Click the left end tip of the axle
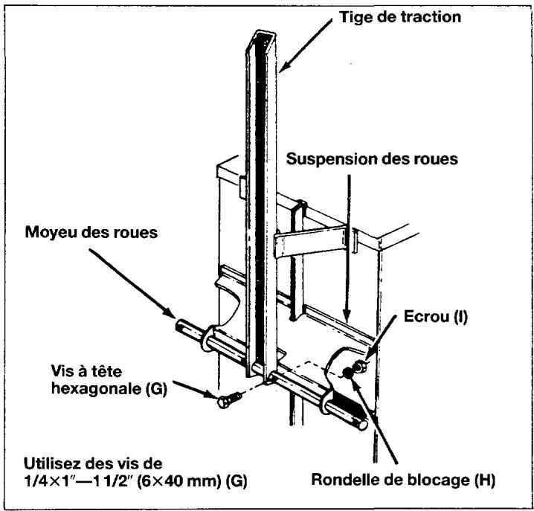pos(181,325)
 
